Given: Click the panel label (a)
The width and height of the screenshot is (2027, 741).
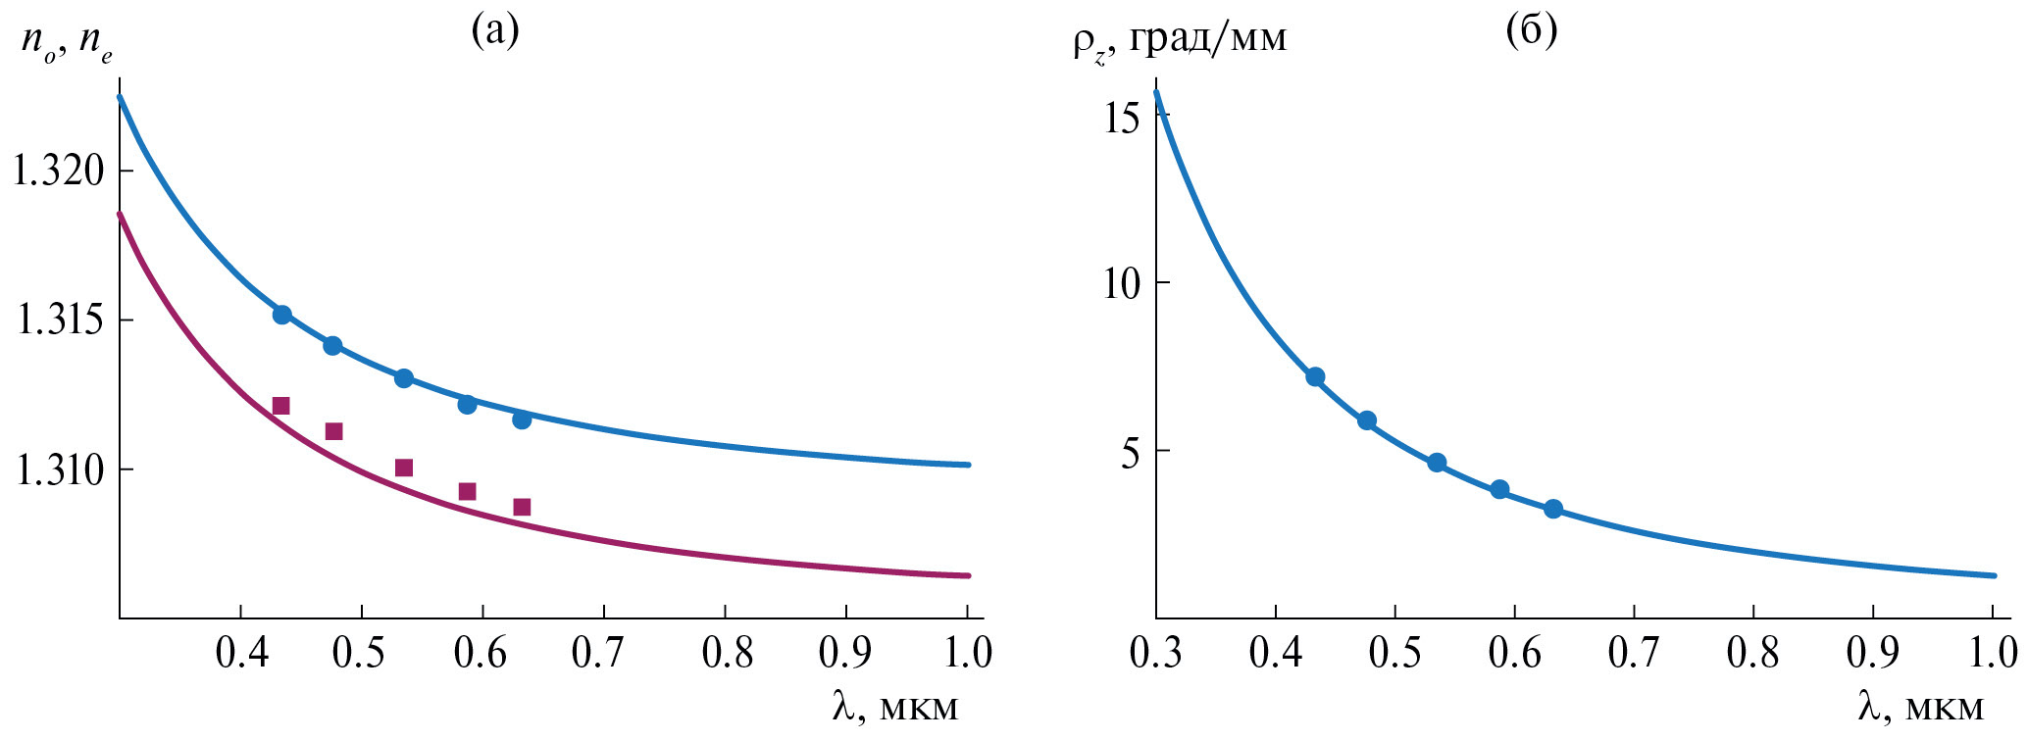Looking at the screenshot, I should [495, 31].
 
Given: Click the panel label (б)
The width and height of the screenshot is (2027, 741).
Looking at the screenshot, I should [1531, 31].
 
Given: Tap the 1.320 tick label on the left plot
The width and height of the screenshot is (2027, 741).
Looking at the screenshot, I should [58, 172].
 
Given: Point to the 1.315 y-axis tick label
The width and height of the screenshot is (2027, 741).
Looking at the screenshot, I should [58, 321].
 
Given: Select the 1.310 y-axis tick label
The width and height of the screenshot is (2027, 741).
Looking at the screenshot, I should [58, 470].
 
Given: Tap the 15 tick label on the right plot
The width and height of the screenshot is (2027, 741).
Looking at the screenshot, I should [1122, 119].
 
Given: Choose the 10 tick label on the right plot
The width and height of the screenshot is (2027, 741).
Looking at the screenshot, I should [1122, 284].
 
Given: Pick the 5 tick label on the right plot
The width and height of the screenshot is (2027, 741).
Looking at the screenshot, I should [1132, 453].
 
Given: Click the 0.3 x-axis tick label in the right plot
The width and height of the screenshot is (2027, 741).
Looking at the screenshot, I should [1156, 654].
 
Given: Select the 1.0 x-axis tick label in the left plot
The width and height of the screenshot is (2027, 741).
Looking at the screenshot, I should [968, 654].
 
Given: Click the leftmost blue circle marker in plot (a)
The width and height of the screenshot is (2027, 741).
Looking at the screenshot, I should [281, 315].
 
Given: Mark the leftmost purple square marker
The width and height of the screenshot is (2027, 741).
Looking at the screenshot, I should [280, 406].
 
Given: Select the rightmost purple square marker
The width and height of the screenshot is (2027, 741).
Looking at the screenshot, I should [522, 507].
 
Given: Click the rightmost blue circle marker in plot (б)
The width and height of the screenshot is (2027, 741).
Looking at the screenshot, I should [1552, 509].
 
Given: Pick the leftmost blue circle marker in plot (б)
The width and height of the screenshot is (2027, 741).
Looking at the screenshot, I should [1315, 377].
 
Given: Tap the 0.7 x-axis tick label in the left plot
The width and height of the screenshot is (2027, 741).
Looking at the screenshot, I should [603, 654].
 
